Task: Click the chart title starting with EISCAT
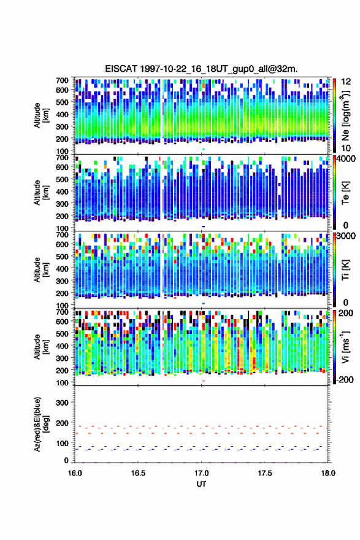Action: [201, 69]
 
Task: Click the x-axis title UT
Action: [201, 484]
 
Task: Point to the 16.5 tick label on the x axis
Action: [138, 473]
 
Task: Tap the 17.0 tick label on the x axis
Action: [201, 473]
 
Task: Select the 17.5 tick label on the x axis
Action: [265, 473]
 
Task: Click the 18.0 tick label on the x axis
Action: [328, 473]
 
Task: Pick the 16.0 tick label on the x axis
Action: [75, 473]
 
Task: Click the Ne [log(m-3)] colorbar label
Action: [345, 115]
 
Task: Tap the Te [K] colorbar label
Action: [345, 193]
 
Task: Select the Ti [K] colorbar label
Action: [345, 269]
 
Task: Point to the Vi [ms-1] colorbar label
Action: [345, 347]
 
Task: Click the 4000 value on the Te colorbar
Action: [346, 159]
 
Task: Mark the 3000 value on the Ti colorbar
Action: [346, 236]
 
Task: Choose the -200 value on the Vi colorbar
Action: [345, 379]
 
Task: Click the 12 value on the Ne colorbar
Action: [346, 82]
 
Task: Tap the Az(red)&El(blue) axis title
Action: [41, 424]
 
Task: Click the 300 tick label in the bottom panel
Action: [62, 403]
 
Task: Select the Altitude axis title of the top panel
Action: [41, 115]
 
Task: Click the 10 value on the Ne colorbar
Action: [346, 148]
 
